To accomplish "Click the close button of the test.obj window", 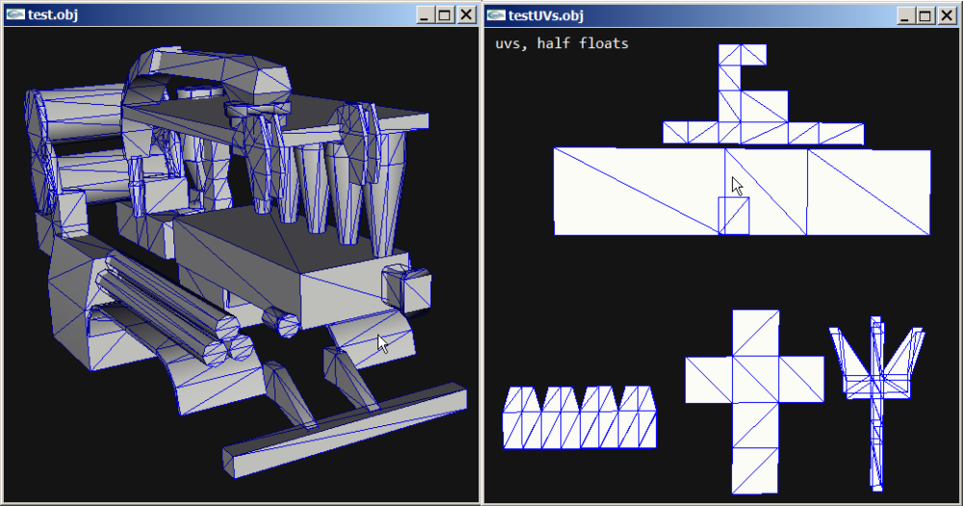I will click(x=466, y=14).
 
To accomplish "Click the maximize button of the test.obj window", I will click(x=444, y=14).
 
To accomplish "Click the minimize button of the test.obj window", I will click(x=426, y=14).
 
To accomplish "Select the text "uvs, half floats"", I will click(x=561, y=43).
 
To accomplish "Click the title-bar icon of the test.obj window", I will click(x=15, y=14).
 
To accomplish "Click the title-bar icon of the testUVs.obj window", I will click(x=496, y=14).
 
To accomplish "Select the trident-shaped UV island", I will click(x=876, y=385).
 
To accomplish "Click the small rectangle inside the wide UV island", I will click(x=735, y=215).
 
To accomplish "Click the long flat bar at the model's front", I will click(x=347, y=424).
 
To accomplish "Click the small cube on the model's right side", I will click(x=405, y=288).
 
